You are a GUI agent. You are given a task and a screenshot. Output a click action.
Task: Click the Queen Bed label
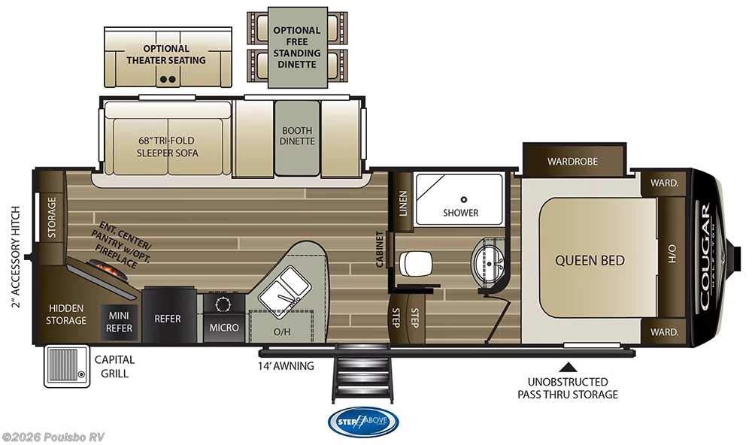[590, 261]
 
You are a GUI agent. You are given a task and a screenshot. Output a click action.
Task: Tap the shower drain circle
[464, 199]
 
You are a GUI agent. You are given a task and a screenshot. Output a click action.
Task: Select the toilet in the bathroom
[415, 264]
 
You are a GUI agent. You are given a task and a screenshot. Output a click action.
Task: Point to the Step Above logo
[363, 421]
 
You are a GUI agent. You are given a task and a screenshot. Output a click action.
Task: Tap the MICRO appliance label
[224, 327]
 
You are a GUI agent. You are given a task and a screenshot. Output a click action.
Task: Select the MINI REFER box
[120, 322]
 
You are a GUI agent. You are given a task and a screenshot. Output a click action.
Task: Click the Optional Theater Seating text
[166, 54]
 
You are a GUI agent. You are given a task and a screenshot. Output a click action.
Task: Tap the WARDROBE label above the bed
[572, 161]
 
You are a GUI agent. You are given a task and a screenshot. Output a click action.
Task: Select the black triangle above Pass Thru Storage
[569, 367]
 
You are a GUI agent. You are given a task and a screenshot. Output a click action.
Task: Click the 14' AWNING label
[286, 366]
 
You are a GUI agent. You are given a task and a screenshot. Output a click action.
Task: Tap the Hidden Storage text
[67, 314]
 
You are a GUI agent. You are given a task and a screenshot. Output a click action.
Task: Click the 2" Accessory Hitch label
[14, 256]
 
